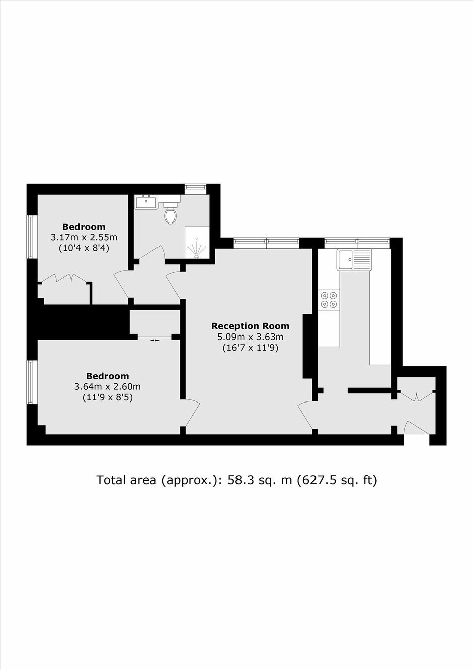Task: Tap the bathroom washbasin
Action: pos(146,202)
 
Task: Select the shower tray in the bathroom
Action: pos(197,242)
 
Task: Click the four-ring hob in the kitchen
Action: pos(329,300)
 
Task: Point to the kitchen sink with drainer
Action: pos(354,259)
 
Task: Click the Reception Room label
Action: pos(251,326)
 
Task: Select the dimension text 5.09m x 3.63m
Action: pos(251,337)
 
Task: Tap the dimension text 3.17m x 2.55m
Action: pos(84,237)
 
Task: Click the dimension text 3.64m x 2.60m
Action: pos(108,387)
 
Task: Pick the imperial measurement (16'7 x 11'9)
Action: pos(251,348)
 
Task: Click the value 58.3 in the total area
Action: pos(239,480)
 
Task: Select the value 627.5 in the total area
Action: pos(317,480)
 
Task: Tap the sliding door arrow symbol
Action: pos(155,340)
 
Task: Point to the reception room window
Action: pos(266,243)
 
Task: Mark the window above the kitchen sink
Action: pos(357,243)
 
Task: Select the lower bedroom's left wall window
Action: pos(32,382)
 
